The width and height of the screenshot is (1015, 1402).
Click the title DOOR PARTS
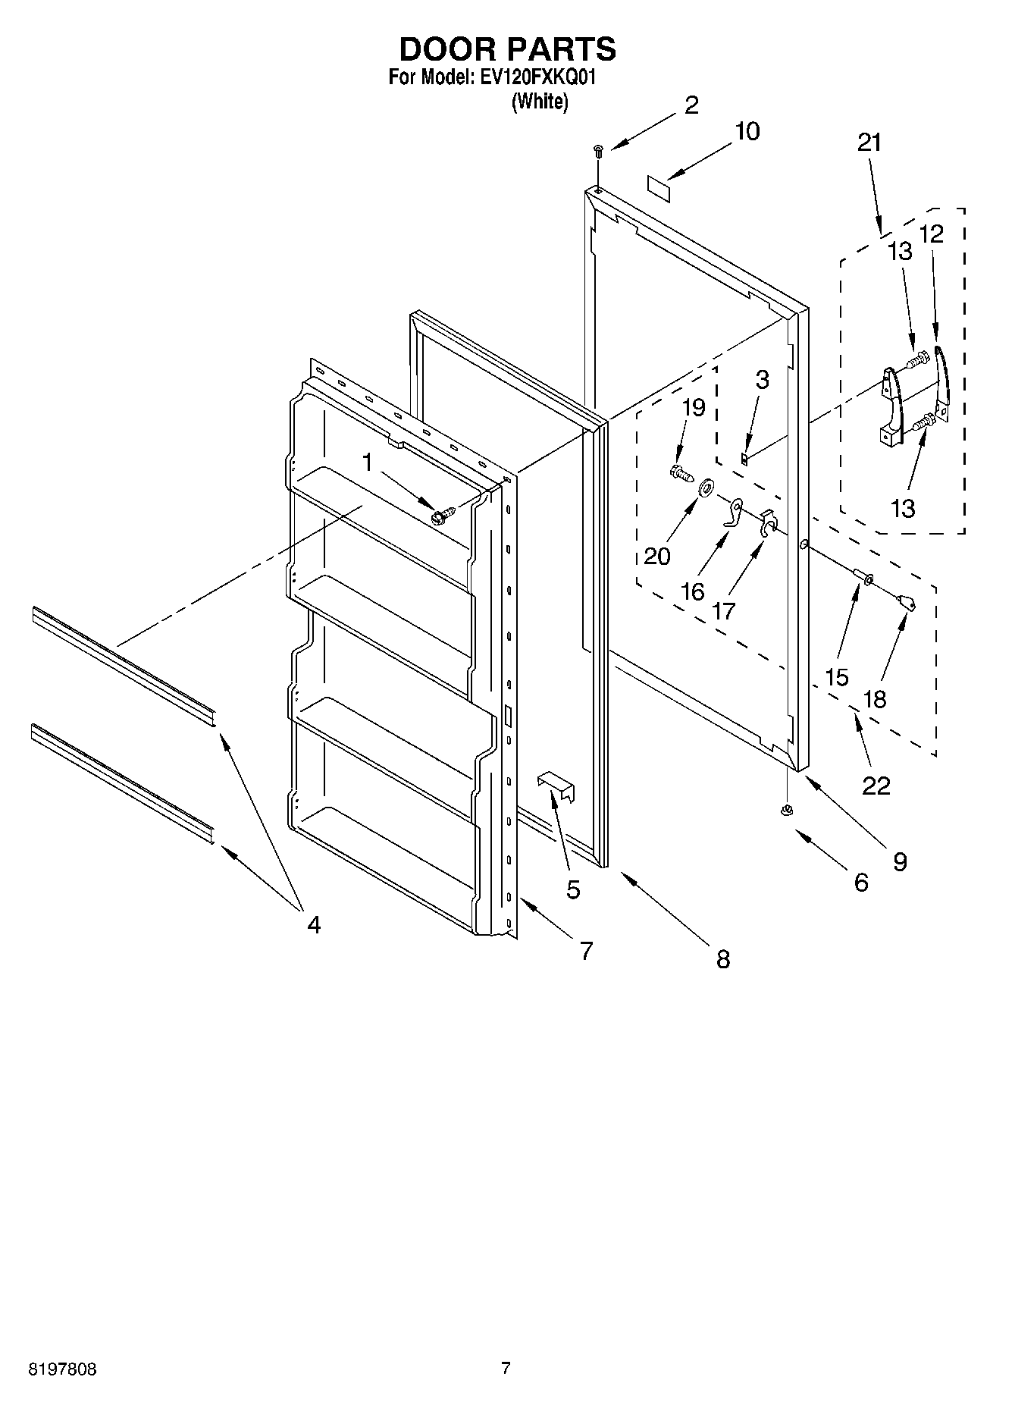point(507,49)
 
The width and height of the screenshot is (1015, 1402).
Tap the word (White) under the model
point(540,101)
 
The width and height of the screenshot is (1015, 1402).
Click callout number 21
point(869,143)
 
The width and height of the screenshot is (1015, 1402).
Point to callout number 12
point(932,234)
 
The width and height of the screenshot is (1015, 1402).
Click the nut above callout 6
point(786,811)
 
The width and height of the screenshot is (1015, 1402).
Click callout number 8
point(722,959)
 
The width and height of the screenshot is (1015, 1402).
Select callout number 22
point(876,786)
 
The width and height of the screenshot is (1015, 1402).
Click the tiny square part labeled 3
point(745,457)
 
